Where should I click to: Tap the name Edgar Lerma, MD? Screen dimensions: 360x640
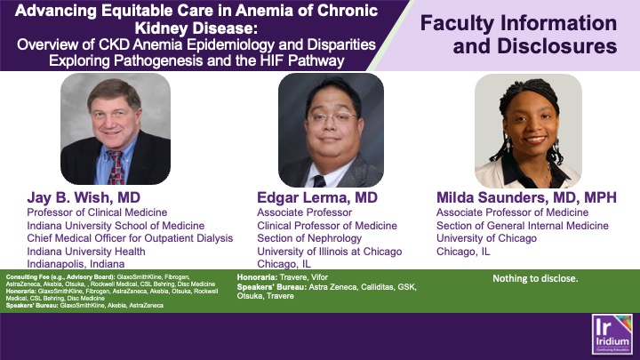coord(316,197)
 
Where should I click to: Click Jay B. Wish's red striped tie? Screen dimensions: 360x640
coord(116,164)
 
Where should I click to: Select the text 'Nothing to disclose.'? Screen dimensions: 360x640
coord(535,278)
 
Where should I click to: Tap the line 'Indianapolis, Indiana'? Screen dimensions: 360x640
coord(79,264)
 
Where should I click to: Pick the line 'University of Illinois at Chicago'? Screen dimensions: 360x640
coord(329,252)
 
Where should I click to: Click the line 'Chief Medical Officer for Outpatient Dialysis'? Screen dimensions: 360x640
coord(130,238)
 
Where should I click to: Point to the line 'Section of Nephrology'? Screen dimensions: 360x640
coord(309,238)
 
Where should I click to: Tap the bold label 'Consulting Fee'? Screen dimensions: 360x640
coord(23,278)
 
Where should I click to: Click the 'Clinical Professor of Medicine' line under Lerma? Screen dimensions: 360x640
coord(327,225)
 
